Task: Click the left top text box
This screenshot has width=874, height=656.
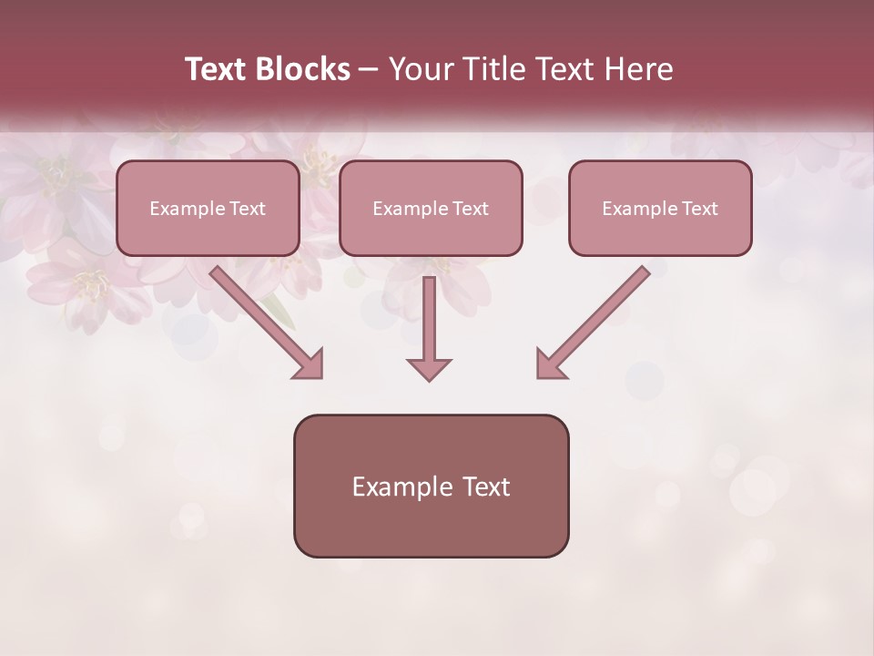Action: (208, 208)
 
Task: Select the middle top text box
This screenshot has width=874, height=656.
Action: (431, 208)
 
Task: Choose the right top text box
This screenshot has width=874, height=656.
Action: (660, 208)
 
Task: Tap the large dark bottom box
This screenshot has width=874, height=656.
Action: (431, 486)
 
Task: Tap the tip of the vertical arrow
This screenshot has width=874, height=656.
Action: (429, 377)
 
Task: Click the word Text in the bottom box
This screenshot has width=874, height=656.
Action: (487, 487)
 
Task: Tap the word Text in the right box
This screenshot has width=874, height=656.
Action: (698, 209)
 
